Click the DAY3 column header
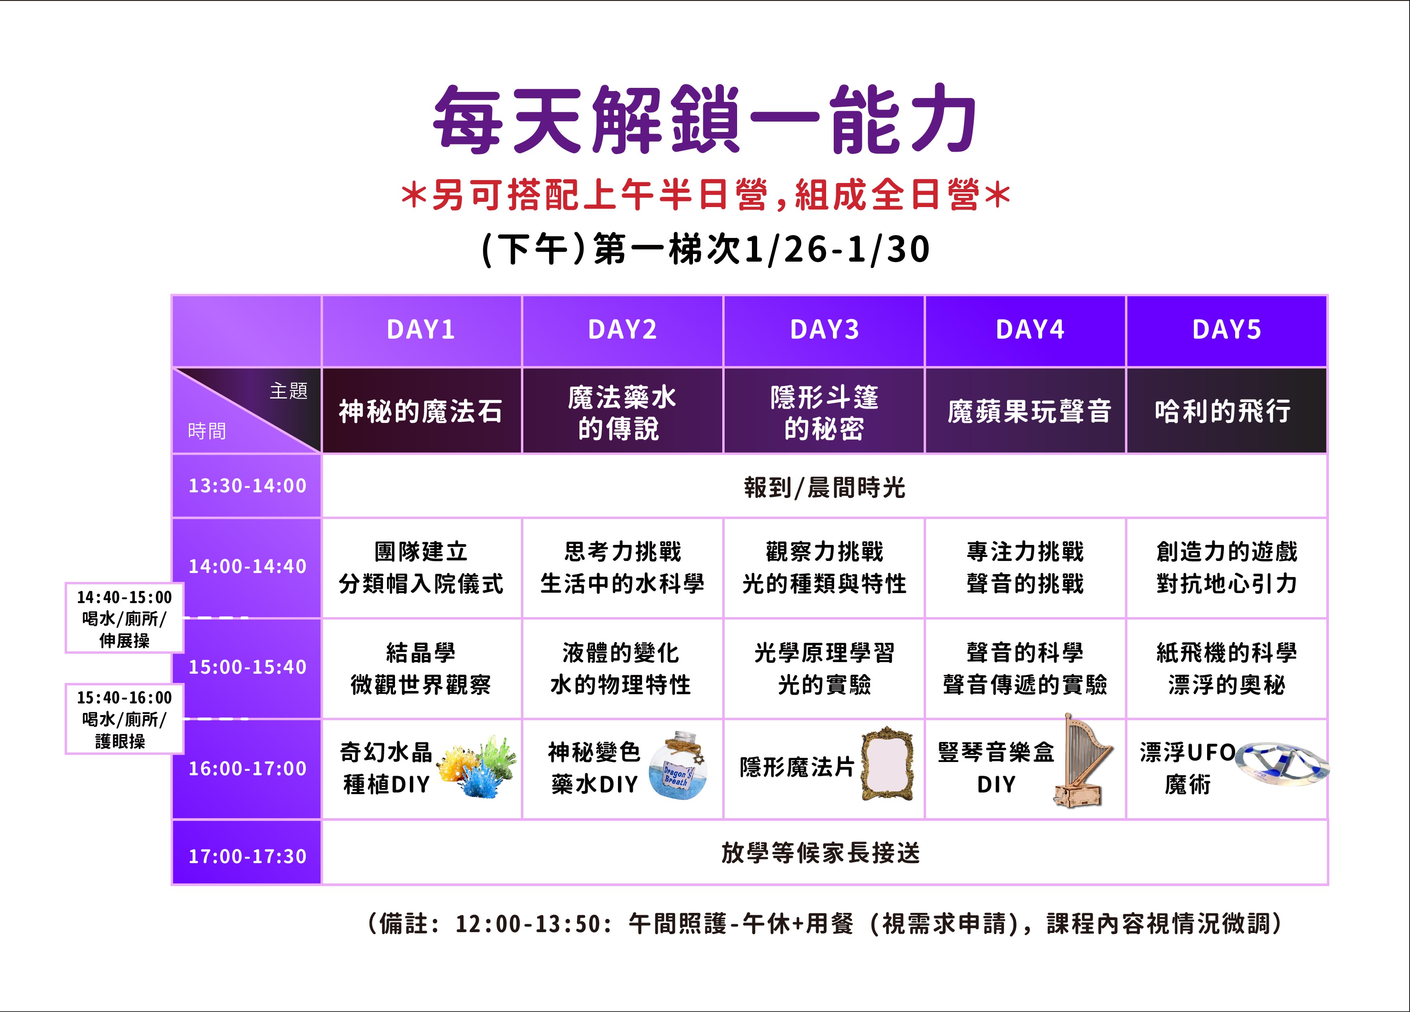point(825,330)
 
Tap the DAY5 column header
point(1227,330)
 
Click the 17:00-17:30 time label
point(247,856)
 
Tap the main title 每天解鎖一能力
point(705,120)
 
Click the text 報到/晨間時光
point(825,488)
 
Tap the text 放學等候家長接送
point(820,853)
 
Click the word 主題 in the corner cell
point(288,390)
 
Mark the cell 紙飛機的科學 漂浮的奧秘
point(1227,669)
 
